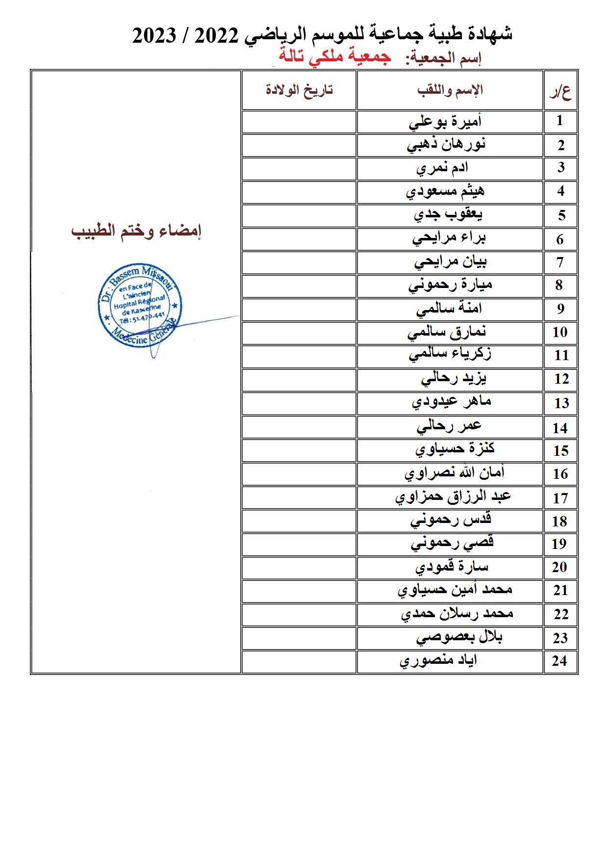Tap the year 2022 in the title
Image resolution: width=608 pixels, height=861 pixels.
pos(216,35)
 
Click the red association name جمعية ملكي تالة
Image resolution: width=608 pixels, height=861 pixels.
pos(335,56)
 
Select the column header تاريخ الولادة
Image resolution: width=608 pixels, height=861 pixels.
pos(299,90)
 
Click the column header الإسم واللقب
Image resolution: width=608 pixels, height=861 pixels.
pos(450,90)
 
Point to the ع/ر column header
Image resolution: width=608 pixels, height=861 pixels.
pos(560,91)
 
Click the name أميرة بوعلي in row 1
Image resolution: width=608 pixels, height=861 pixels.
pos(445,121)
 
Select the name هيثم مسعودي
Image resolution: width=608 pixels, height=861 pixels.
pos(445,191)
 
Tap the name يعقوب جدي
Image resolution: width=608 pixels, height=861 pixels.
pos(448,215)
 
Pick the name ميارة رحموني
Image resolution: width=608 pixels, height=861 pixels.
pos(450,285)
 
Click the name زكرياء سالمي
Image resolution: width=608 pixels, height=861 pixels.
pos(450,354)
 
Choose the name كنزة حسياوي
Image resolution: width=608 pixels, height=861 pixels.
pos(455,449)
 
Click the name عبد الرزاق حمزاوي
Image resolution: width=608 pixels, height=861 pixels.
pos(453,496)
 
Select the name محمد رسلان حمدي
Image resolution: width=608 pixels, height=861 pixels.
pos(457,614)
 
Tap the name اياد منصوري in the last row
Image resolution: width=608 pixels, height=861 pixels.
pos(438,661)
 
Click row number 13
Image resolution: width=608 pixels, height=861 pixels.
pos(561,403)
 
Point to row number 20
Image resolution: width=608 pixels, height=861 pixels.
pos(559,567)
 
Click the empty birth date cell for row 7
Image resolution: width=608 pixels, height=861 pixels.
pos(299,262)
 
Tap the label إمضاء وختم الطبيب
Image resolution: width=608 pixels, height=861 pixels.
pos(136,231)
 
